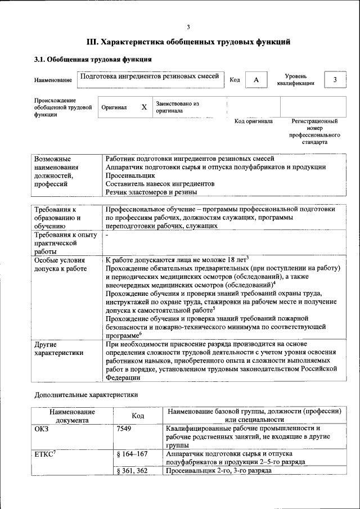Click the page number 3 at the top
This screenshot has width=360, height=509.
pos(188,26)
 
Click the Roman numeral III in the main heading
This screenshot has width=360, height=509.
pos(92,42)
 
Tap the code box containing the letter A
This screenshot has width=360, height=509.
pos(256,80)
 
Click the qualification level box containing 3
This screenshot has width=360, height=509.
pos(335,80)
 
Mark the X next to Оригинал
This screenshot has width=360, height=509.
pos(144,107)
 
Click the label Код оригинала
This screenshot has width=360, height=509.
pos(253,121)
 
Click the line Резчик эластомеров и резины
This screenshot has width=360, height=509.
pos(154,192)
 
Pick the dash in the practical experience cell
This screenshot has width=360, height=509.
pos(107,236)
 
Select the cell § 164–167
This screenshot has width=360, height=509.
pos(132,453)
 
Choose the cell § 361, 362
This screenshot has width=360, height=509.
pos(132,470)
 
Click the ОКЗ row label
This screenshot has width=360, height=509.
pos(43,429)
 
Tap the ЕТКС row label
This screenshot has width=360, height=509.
pos(46,453)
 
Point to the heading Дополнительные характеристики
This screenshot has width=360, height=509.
pos(86,395)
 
